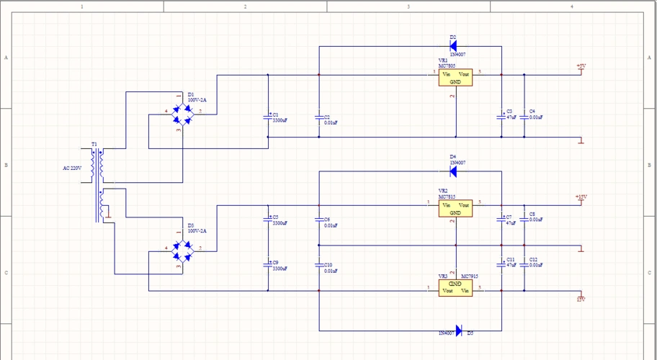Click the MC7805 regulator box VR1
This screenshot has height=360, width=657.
(455, 78)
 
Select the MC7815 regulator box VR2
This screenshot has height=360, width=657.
(455, 208)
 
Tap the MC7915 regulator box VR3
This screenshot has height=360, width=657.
(455, 287)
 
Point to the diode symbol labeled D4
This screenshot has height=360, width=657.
(453, 171)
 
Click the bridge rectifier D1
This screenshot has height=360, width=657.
(182, 112)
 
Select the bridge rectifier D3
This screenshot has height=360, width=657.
(182, 251)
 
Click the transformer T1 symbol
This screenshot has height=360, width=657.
(98, 184)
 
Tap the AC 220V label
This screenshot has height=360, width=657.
(72, 168)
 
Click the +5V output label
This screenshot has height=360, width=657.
(581, 66)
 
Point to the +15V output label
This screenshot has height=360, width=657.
(581, 197)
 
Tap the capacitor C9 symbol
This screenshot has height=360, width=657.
(268, 264)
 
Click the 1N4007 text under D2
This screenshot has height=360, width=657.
(458, 54)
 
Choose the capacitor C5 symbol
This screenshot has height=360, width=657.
(268, 218)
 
